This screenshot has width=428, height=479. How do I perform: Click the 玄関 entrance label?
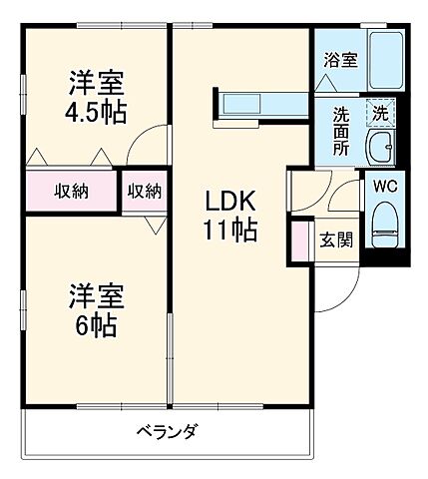point(334,239)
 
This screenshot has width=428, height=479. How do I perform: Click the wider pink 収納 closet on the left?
point(71,192)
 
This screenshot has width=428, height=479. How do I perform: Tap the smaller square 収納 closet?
point(145,191)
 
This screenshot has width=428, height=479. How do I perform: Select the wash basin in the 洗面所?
point(380,151)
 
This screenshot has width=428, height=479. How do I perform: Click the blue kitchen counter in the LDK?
point(262,104)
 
